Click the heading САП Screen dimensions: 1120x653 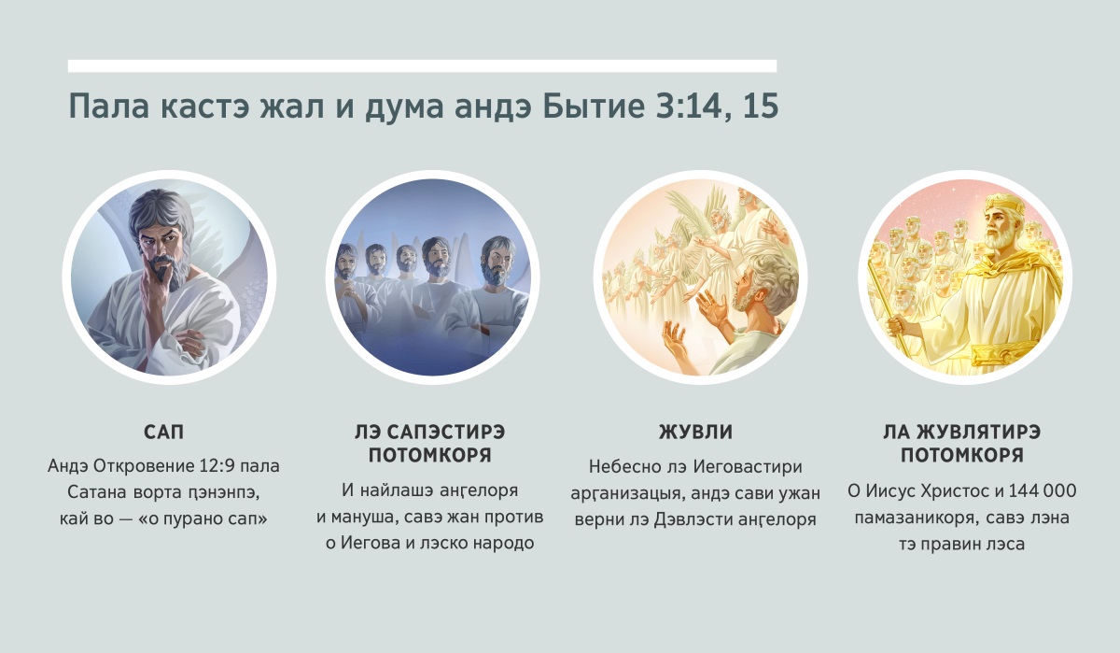163,432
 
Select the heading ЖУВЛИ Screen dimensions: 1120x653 695,432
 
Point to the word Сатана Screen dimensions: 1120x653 97,492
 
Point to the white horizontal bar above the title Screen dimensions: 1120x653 422,66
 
